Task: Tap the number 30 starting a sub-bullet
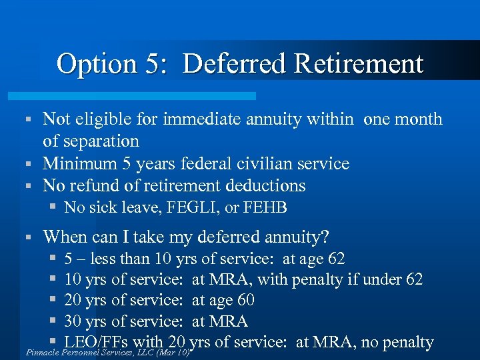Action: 73,321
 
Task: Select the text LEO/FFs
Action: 95,342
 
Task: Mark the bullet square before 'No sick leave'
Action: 53,207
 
